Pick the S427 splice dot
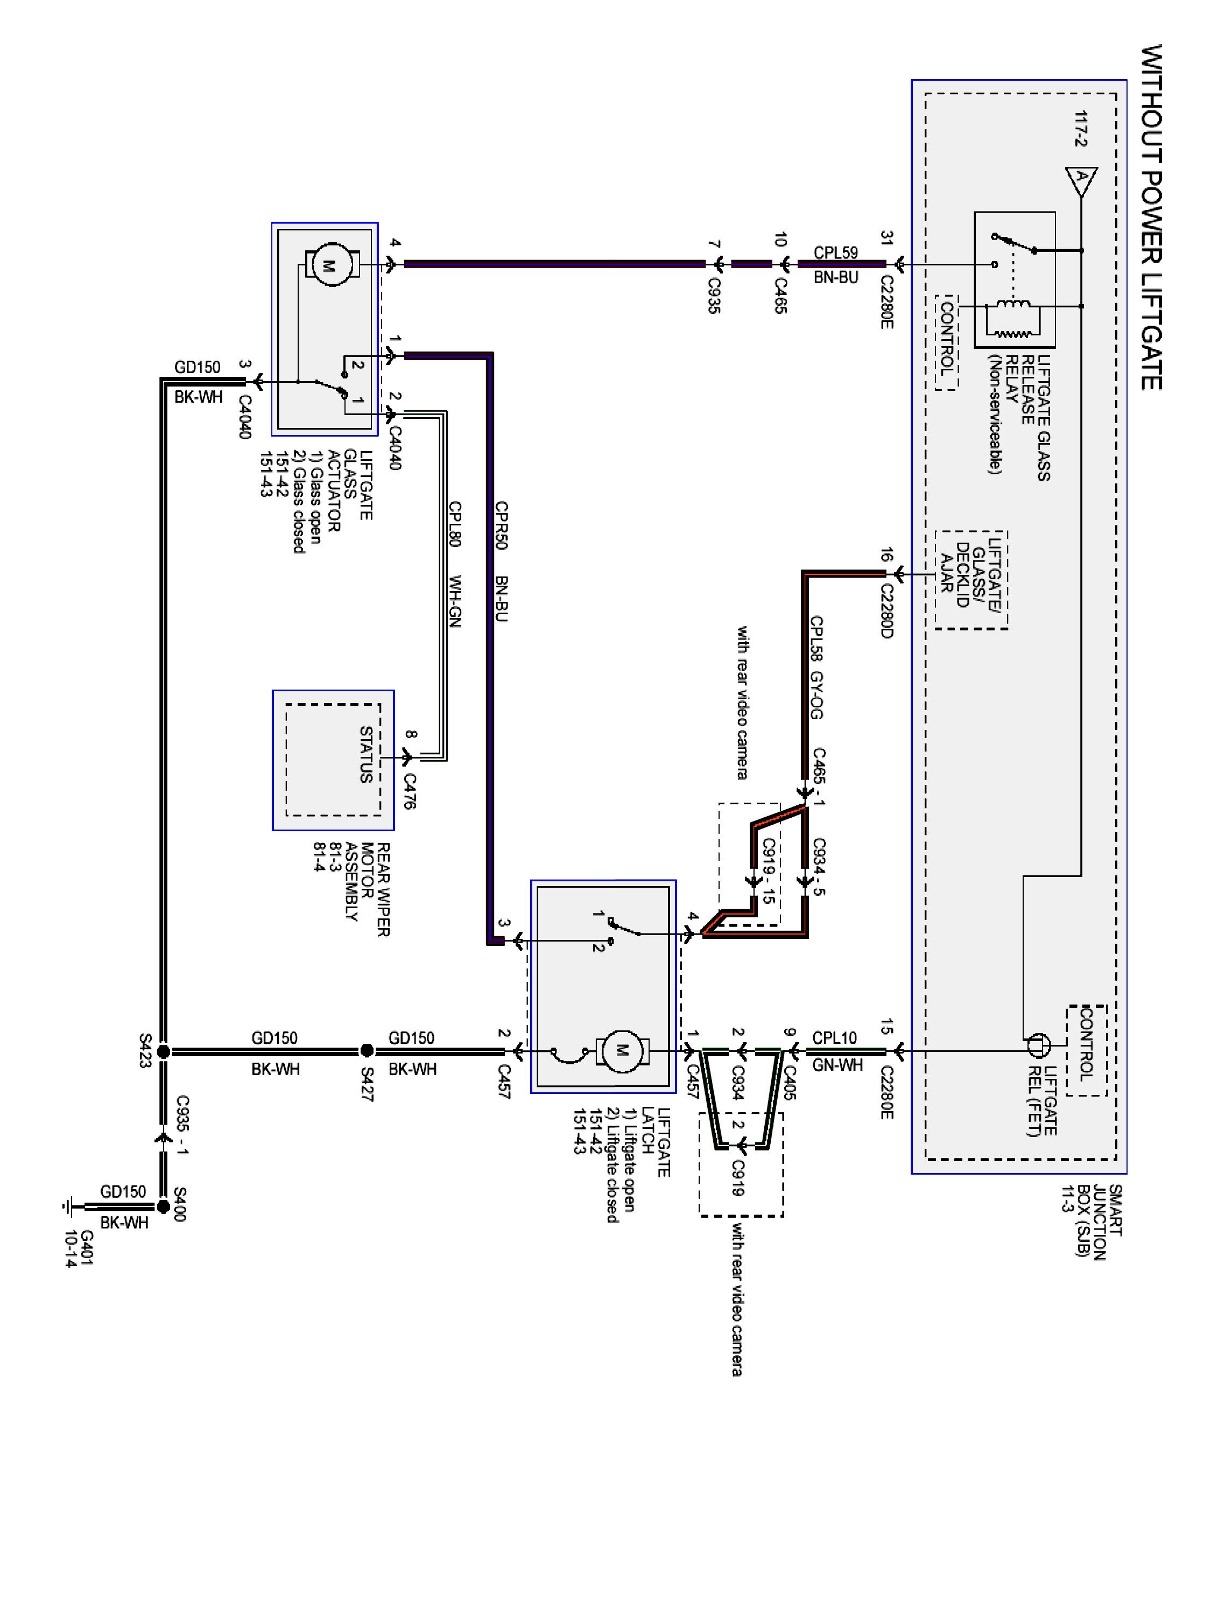click(367, 1051)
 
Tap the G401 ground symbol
click(68, 1206)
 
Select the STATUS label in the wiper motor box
click(365, 754)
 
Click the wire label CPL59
click(836, 252)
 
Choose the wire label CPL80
click(455, 524)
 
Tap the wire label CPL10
click(834, 1037)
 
